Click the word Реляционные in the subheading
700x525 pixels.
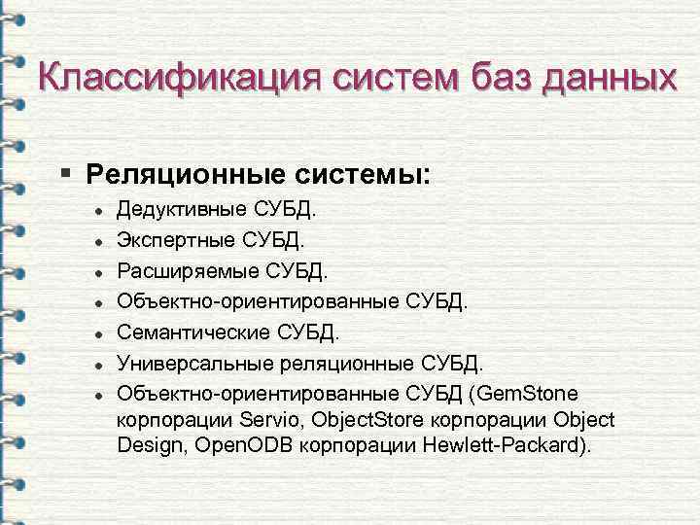click(x=173, y=175)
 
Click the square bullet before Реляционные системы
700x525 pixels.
click(x=64, y=174)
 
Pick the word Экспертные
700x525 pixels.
click(x=176, y=238)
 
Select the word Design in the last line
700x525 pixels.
click(x=147, y=446)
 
